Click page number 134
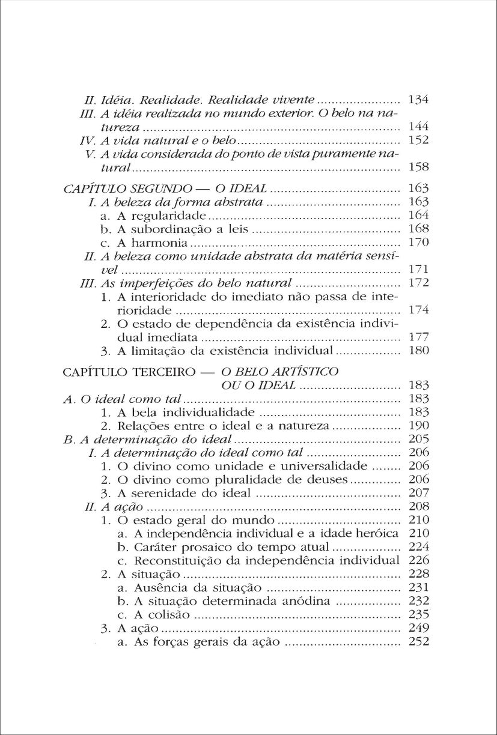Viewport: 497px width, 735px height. [x=418, y=100]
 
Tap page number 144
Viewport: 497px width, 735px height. [x=418, y=128]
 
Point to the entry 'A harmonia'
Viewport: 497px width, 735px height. [x=144, y=244]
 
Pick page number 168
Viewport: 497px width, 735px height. [x=418, y=230]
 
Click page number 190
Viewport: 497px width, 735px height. [x=418, y=426]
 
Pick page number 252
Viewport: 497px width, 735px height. [x=418, y=643]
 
